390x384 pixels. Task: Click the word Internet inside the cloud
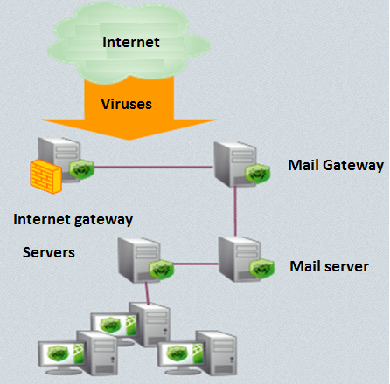pyautogui.click(x=131, y=42)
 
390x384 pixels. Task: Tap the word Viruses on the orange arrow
pyautogui.click(x=126, y=104)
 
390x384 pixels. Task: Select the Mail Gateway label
pyautogui.click(x=336, y=165)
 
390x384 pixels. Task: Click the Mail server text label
pyautogui.click(x=329, y=266)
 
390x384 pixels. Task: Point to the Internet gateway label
pyautogui.click(x=73, y=220)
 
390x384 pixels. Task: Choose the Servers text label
pyautogui.click(x=49, y=252)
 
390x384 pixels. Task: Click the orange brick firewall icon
pyautogui.click(x=46, y=176)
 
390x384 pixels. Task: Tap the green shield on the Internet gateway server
pyautogui.click(x=81, y=169)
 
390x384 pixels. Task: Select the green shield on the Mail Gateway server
pyautogui.click(x=257, y=174)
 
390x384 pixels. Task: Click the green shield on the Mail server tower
pyautogui.click(x=261, y=268)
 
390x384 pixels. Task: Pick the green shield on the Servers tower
pyautogui.click(x=161, y=270)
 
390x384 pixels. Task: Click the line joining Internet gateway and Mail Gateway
pyautogui.click(x=154, y=167)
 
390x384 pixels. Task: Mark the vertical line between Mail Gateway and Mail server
pyautogui.click(x=235, y=211)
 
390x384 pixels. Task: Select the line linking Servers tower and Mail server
pyautogui.click(x=196, y=264)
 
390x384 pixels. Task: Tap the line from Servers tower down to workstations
pyautogui.click(x=148, y=293)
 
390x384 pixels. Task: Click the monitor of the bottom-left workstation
pyautogui.click(x=61, y=354)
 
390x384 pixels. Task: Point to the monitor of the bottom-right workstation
pyautogui.click(x=181, y=354)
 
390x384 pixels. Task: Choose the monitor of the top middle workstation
pyautogui.click(x=114, y=326)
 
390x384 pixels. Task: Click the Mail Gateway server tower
pyautogui.click(x=235, y=164)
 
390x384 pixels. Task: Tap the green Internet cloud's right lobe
pyautogui.click(x=195, y=46)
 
